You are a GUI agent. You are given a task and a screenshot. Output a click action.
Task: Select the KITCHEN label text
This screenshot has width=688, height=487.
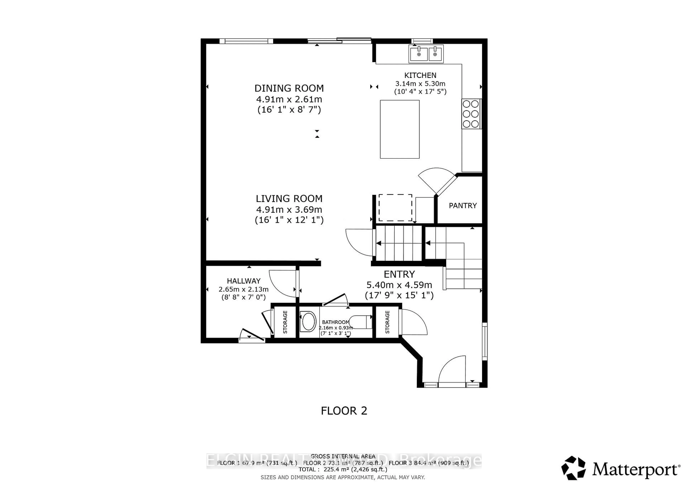pos(420,75)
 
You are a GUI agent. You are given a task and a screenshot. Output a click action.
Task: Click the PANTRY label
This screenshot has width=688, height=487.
pos(462,206)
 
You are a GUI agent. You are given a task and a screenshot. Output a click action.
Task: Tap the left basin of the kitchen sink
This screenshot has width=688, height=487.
pos(419,54)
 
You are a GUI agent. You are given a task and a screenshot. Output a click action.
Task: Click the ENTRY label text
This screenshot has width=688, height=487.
pos(399,274)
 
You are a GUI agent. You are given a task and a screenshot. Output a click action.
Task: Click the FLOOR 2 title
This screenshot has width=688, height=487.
pos(344,411)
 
